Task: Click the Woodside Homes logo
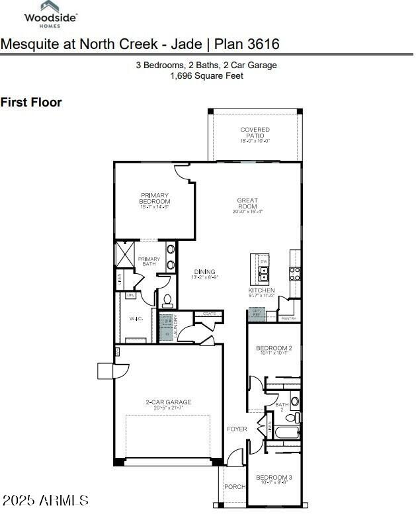(x=50, y=15)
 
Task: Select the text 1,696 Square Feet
(x=206, y=76)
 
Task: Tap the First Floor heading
(x=31, y=102)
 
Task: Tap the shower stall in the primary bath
(x=125, y=254)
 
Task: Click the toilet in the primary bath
(x=167, y=301)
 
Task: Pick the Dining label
(x=204, y=272)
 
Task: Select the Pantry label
(x=288, y=318)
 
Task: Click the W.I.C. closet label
(x=136, y=318)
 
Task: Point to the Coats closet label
(x=209, y=314)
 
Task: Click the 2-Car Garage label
(x=168, y=402)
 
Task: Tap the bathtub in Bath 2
(x=286, y=433)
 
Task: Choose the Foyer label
(x=237, y=429)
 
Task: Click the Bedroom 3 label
(x=274, y=476)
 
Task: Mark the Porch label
(x=234, y=486)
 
